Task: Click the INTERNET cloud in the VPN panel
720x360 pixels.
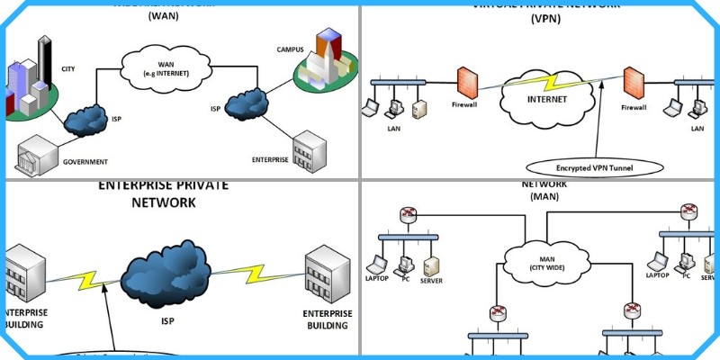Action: pos(546,98)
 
